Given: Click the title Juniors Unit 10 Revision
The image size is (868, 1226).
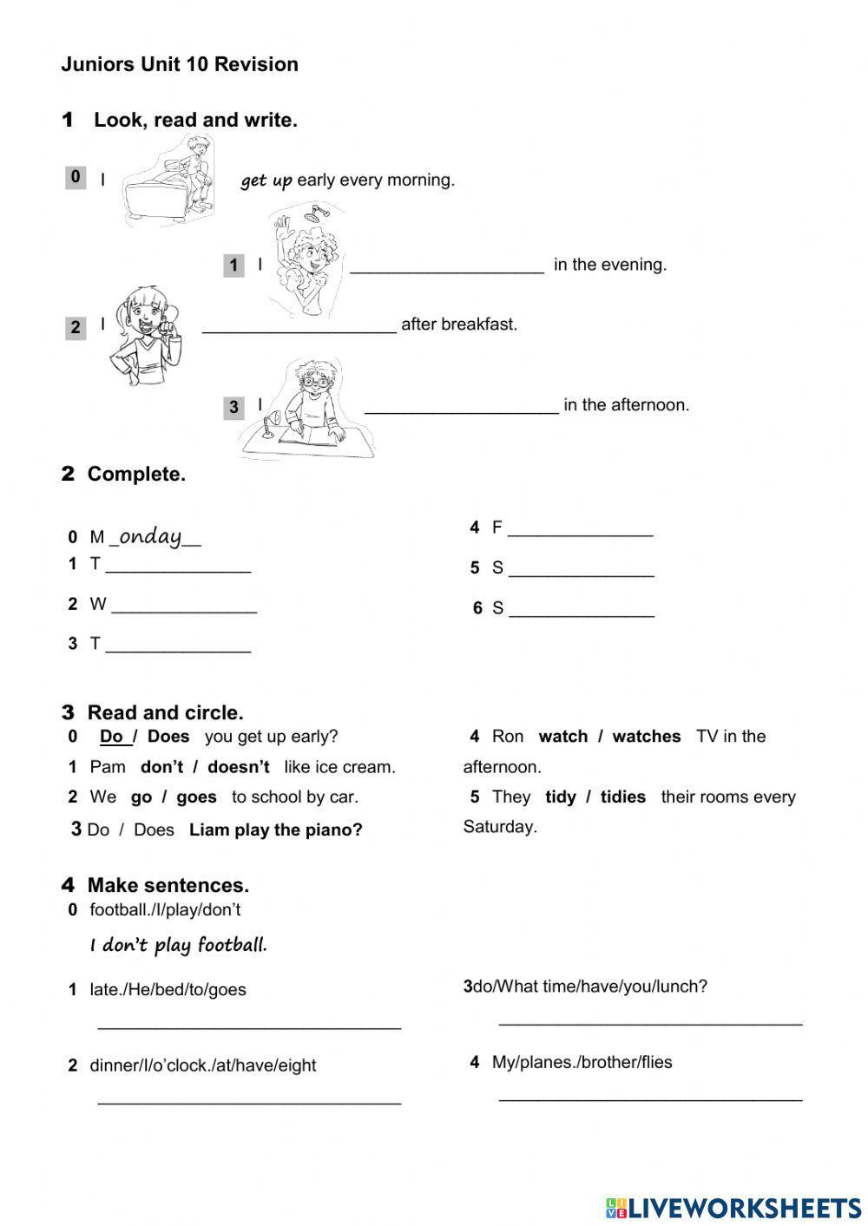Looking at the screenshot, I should click(x=180, y=64).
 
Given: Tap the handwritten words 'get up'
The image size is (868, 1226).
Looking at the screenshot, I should click(x=266, y=180).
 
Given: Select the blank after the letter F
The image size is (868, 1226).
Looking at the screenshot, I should click(x=580, y=531).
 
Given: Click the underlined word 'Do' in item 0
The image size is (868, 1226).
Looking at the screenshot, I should click(x=113, y=737).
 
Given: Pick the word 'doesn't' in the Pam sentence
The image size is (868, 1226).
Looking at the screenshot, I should click(x=239, y=767).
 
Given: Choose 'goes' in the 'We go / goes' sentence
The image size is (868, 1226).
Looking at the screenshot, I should click(x=196, y=797).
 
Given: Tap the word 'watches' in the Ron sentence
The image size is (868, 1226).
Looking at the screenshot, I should click(x=646, y=737).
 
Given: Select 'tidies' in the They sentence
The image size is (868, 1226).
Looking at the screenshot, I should click(x=622, y=797).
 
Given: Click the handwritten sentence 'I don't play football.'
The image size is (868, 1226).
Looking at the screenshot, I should click(x=179, y=945).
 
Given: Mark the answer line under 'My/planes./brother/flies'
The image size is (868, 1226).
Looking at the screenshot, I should click(x=650, y=1097).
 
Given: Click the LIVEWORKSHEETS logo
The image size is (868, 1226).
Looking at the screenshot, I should click(x=733, y=1207).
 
